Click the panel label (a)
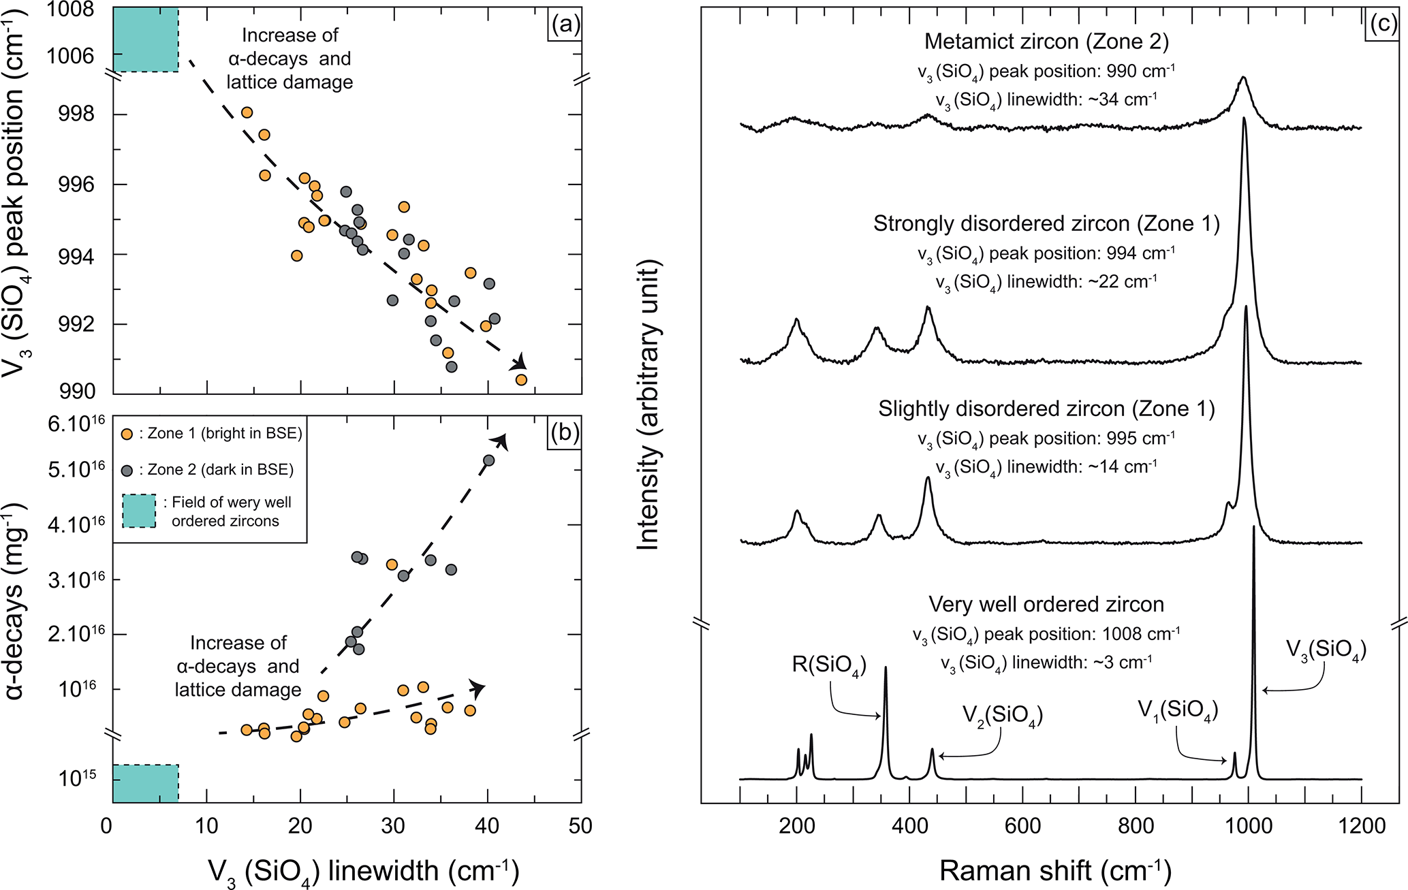click(565, 25)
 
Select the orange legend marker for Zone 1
click(127, 434)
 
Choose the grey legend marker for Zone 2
click(127, 470)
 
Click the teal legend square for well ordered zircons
click(139, 511)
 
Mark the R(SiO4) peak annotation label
click(829, 665)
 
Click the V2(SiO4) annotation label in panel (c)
click(1003, 714)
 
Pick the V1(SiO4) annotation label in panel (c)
click(1178, 710)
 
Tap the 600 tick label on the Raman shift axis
click(1022, 826)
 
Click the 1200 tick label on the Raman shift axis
click(1361, 826)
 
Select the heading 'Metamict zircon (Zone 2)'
click(1046, 42)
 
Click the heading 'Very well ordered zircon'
click(1046, 605)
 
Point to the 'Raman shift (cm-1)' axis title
click(1055, 871)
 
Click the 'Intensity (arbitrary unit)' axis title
click(648, 404)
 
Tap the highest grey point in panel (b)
click(488, 460)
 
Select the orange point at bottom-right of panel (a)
click(521, 380)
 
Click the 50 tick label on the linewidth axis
click(580, 826)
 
